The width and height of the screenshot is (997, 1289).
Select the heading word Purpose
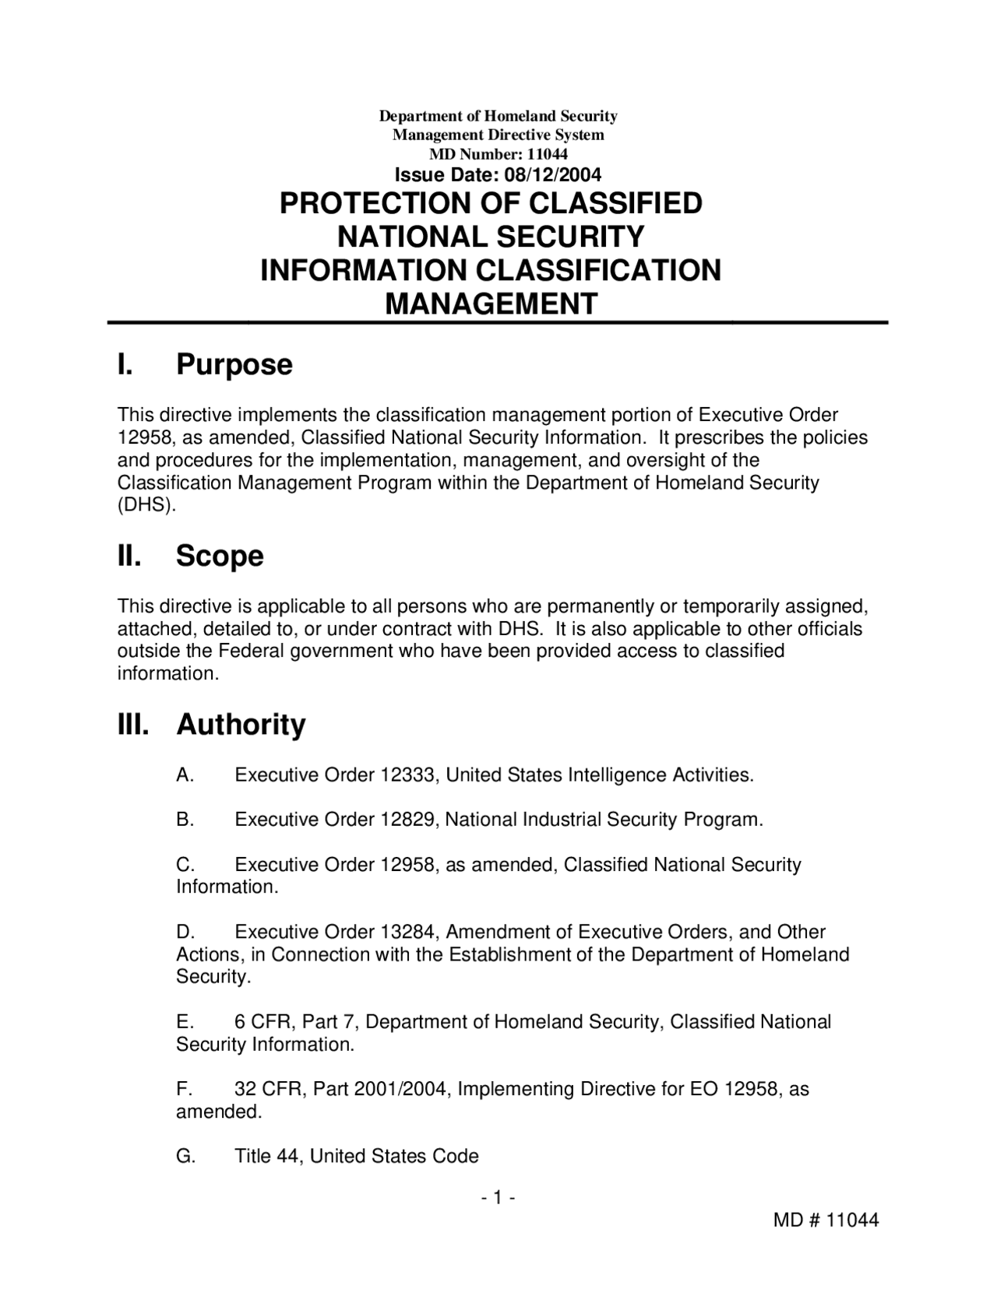pos(234,364)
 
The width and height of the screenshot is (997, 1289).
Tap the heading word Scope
pos(220,556)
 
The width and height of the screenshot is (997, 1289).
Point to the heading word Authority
pos(241,725)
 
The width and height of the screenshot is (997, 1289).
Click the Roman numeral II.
pos(129,556)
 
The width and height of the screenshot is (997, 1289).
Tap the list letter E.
pos(184,1021)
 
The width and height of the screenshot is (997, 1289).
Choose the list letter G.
pos(185,1157)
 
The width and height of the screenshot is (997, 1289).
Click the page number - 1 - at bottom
pos(498,1198)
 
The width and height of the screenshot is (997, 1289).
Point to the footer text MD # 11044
pos(826,1221)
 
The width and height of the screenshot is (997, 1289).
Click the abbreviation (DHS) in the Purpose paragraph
pos(146,505)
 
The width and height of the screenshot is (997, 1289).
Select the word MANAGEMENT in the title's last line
pos(491,304)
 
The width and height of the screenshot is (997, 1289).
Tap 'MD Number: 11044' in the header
pos(498,154)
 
